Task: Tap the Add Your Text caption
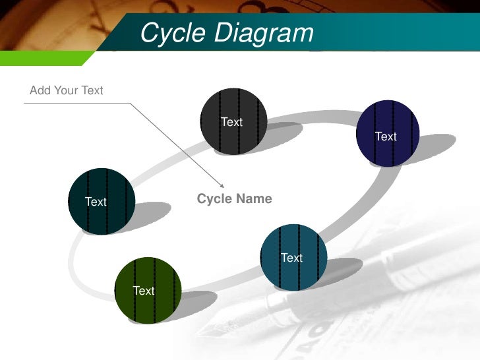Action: pyautogui.click(x=67, y=90)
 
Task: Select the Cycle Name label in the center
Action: pyautogui.click(x=234, y=198)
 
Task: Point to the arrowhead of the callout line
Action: pyautogui.click(x=222, y=186)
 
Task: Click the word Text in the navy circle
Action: pyautogui.click(x=386, y=136)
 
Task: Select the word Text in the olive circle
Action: pyautogui.click(x=144, y=291)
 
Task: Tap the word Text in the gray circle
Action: pyautogui.click(x=231, y=122)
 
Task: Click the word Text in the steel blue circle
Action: pyautogui.click(x=291, y=258)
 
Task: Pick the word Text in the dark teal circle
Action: pyautogui.click(x=96, y=202)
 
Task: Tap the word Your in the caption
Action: pyautogui.click(x=66, y=90)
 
